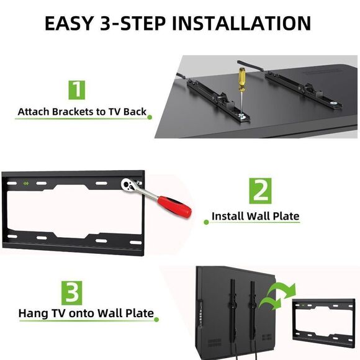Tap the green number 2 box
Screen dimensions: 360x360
click(260, 191)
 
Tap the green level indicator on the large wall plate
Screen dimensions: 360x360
click(26, 183)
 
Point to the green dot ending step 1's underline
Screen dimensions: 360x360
click(150, 117)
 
